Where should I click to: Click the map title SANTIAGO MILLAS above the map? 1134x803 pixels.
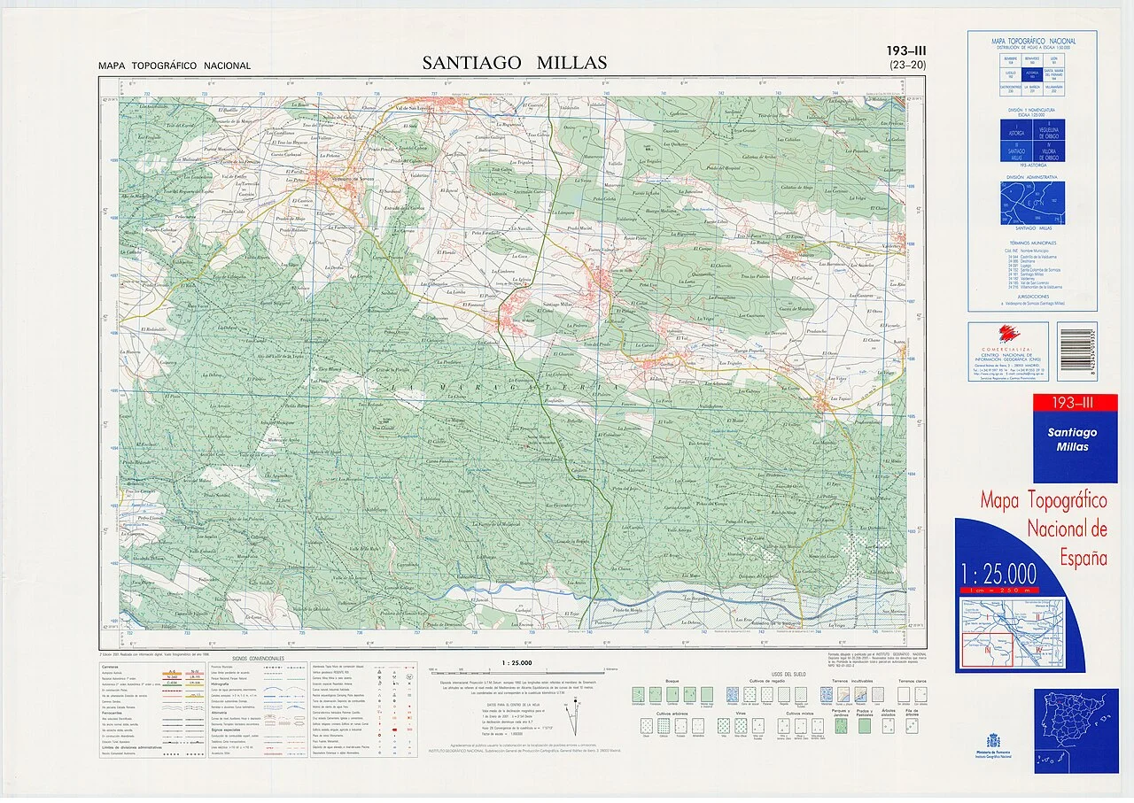514,63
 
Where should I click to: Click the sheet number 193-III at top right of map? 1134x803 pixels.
905,51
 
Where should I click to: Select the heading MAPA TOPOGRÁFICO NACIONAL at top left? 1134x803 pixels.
175,66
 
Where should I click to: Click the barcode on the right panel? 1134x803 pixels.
1076,351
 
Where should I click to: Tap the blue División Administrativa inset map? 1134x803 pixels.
1032,203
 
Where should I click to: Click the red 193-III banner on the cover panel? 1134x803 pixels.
1075,404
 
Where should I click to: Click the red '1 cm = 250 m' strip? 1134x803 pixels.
1001,589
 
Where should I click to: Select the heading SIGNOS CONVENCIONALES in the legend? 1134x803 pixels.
259,659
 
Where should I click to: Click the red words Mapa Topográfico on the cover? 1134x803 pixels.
1043,501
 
